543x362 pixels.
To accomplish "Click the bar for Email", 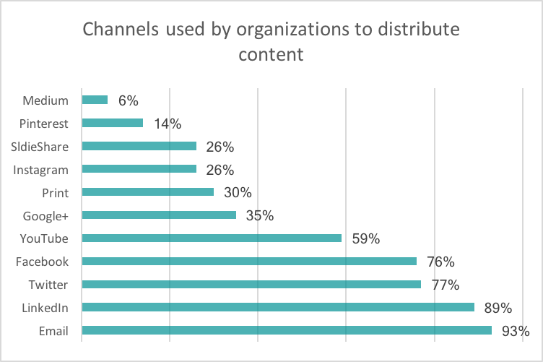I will [287, 330].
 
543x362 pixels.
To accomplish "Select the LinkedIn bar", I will [278, 307].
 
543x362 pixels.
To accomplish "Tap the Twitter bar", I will [251, 284].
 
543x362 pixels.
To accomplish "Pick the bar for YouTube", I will [212, 238].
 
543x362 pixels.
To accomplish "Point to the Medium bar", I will [95, 100].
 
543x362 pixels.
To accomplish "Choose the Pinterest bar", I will [113, 123].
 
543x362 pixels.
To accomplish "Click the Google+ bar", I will [159, 215].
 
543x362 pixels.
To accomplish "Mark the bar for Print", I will [148, 191].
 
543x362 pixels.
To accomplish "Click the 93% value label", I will [516, 331].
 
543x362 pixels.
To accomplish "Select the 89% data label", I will [498, 308].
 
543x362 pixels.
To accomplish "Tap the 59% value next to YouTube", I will [365, 238].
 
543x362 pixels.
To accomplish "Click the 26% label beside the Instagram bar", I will [220, 170].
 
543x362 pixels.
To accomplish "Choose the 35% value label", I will [259, 215].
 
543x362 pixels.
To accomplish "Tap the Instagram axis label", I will [42, 169].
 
